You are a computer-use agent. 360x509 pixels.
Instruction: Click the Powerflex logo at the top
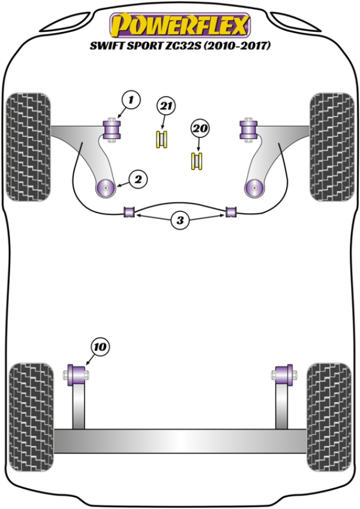[x=179, y=25]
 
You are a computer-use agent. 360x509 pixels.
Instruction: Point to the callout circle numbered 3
[x=179, y=221]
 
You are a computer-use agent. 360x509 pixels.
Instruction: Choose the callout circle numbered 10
[x=100, y=346]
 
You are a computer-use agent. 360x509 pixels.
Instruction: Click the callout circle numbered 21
[x=165, y=106]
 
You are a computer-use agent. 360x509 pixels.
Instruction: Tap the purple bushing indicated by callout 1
[x=112, y=129]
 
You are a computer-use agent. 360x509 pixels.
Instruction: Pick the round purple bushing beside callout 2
[x=106, y=187]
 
